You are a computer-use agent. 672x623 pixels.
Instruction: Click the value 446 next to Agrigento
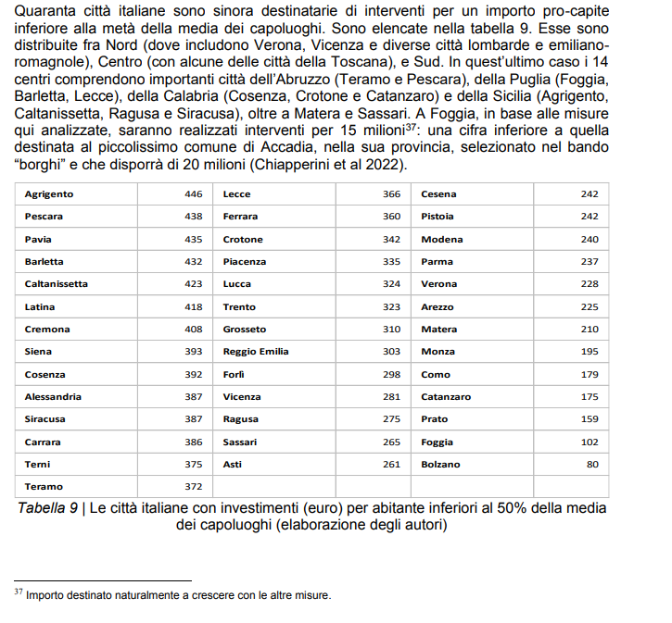193,194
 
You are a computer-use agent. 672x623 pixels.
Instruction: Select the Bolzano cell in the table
440,465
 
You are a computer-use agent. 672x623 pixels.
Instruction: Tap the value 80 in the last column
592,465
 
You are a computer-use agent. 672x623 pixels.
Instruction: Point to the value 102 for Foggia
590,442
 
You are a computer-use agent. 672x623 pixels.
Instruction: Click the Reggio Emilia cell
256,352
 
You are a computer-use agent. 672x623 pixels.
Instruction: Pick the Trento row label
239,306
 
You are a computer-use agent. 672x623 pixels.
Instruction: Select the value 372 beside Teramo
193,487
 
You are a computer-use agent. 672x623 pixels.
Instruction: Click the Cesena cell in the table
438,194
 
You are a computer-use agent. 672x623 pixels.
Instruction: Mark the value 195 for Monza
590,352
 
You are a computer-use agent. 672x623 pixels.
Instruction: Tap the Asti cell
233,465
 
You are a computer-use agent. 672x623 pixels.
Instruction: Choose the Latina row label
40,306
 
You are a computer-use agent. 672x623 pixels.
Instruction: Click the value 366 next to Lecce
391,194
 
